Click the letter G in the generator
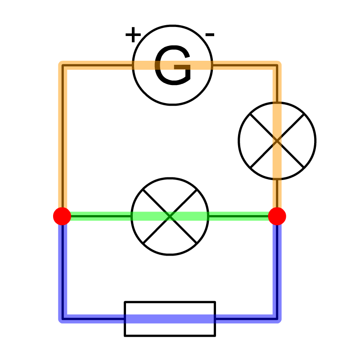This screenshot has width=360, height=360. [172, 67]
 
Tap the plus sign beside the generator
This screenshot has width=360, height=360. [133, 35]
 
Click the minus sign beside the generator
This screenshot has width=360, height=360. [210, 34]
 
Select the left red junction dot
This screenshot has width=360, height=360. [62, 216]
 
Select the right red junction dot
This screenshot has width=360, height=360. [277, 216]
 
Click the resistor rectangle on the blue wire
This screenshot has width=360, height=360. [170, 319]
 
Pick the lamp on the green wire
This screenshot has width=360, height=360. [170, 216]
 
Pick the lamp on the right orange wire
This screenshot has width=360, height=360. [277, 141]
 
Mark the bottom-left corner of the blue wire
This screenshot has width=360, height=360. [63, 319]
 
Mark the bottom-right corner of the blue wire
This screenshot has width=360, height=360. [276, 319]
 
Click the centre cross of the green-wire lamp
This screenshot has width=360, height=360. [170, 216]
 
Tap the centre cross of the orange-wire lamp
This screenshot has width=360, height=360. [277, 141]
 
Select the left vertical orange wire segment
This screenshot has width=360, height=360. [63, 139]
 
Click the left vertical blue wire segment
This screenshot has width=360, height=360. [63, 270]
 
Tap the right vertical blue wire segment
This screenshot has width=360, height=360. [276, 270]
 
